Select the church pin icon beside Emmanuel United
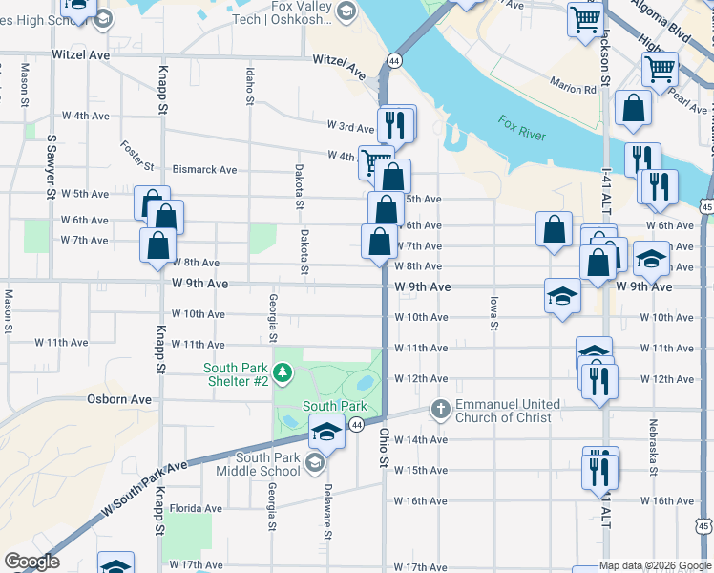click(440, 408)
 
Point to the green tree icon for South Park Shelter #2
click(283, 371)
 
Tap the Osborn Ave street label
click(119, 399)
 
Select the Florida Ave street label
click(195, 509)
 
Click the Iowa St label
click(494, 312)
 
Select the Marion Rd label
click(574, 86)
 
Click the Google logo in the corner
click(31, 562)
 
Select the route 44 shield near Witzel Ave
click(393, 60)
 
